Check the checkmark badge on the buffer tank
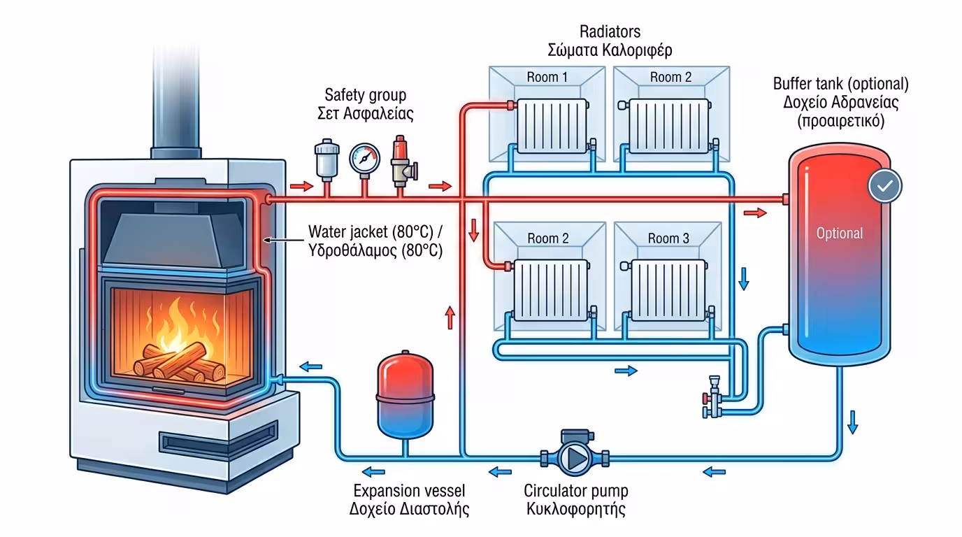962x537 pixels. (x=884, y=185)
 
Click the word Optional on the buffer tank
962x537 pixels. (x=840, y=234)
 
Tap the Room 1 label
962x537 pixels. (x=547, y=77)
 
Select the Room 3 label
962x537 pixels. (x=668, y=238)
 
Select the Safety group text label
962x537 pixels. (x=365, y=94)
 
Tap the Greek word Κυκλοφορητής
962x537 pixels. (x=575, y=508)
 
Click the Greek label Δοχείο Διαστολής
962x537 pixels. (x=409, y=508)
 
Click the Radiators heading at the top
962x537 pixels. (x=610, y=32)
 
